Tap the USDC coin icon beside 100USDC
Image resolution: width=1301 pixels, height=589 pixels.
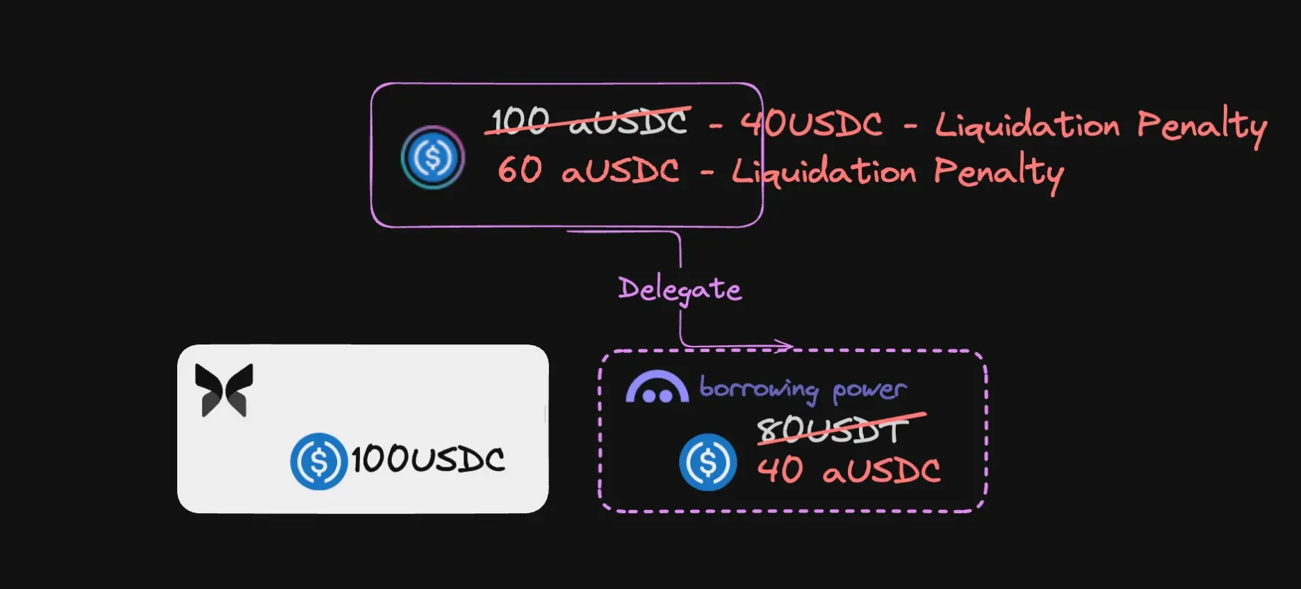tap(318, 461)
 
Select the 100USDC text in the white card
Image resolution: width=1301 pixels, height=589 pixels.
tap(427, 460)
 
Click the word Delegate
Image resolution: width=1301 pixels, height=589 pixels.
tap(679, 289)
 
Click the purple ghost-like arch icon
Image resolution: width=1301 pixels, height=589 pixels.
tap(657, 388)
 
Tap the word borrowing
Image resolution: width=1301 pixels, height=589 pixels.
tap(758, 389)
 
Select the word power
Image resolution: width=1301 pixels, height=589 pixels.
tap(869, 390)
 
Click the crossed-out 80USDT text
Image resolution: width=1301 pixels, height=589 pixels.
tap(833, 431)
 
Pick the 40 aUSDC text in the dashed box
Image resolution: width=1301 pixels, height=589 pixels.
tap(849, 470)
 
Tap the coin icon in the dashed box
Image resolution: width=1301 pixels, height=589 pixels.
tap(707, 462)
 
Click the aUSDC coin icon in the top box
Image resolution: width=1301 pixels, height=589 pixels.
tap(432, 158)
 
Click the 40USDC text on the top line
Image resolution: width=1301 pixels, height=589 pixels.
tap(811, 124)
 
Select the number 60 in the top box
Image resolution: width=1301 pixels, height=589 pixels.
tap(519, 170)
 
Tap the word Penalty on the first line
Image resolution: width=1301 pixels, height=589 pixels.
tap(1202, 126)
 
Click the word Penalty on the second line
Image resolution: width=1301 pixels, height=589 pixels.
tap(998, 172)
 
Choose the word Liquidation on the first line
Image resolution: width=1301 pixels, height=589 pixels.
tap(1027, 126)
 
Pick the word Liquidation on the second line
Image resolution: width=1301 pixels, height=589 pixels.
tap(824, 172)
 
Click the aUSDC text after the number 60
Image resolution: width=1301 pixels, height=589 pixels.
tap(620, 171)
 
